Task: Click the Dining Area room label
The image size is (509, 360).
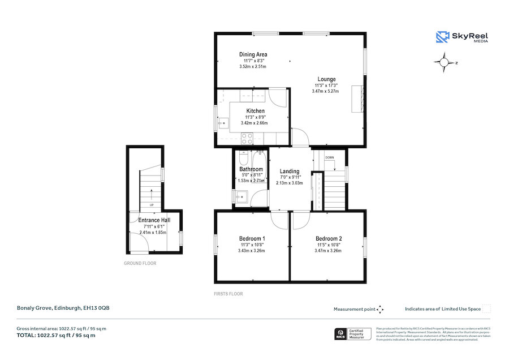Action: click(253, 54)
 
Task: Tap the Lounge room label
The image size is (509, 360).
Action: click(326, 79)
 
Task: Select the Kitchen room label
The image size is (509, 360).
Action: click(255, 111)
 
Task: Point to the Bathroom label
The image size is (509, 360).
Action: click(251, 169)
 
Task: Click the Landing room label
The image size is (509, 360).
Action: click(290, 172)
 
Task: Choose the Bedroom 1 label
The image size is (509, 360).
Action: click(252, 238)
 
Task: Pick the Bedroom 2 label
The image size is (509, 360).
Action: click(329, 238)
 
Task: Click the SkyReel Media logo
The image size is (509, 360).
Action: click(462, 37)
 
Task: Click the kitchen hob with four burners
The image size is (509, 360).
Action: click(247, 137)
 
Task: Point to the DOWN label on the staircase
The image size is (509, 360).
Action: click(330, 157)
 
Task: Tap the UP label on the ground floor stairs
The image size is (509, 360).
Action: click(152, 205)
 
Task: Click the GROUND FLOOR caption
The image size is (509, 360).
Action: click(140, 263)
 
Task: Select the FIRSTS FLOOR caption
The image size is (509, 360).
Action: click(228, 294)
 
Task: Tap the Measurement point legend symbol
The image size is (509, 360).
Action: click(380, 309)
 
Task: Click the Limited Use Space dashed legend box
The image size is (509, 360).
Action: click(486, 309)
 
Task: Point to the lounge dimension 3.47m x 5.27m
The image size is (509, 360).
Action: click(325, 91)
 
